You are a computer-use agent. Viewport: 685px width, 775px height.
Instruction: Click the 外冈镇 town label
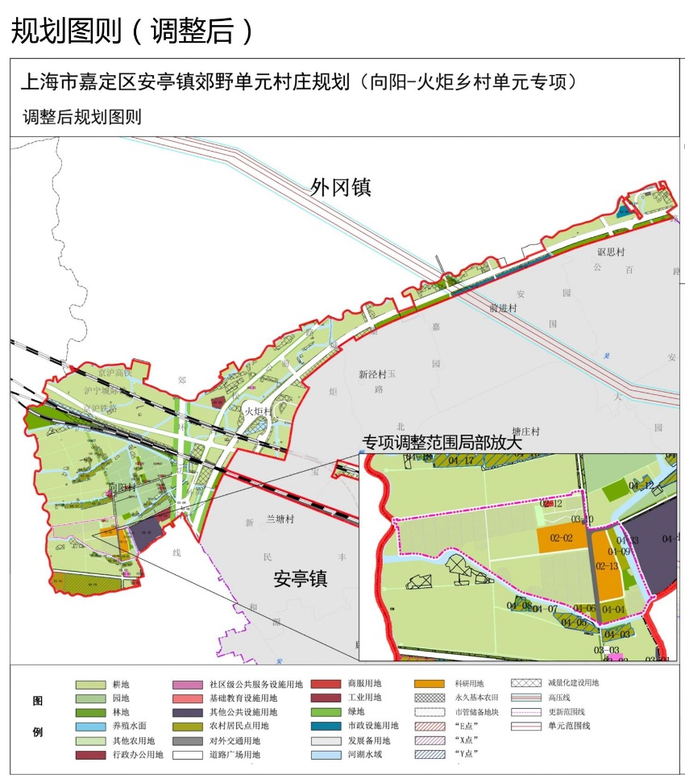point(340,188)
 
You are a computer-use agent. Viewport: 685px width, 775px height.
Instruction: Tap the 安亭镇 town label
point(300,578)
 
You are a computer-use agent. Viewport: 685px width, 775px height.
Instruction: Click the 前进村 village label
point(502,308)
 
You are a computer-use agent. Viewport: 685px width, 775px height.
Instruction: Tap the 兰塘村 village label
point(282,521)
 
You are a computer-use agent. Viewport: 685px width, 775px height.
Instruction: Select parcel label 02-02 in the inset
point(561,538)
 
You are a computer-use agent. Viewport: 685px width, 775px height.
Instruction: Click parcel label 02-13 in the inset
point(607,566)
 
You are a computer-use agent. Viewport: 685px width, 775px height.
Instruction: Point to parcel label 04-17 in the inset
point(461,460)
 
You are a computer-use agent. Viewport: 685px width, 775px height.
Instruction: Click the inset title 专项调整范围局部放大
point(442,443)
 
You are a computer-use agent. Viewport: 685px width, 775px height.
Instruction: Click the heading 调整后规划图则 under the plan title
point(82,117)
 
